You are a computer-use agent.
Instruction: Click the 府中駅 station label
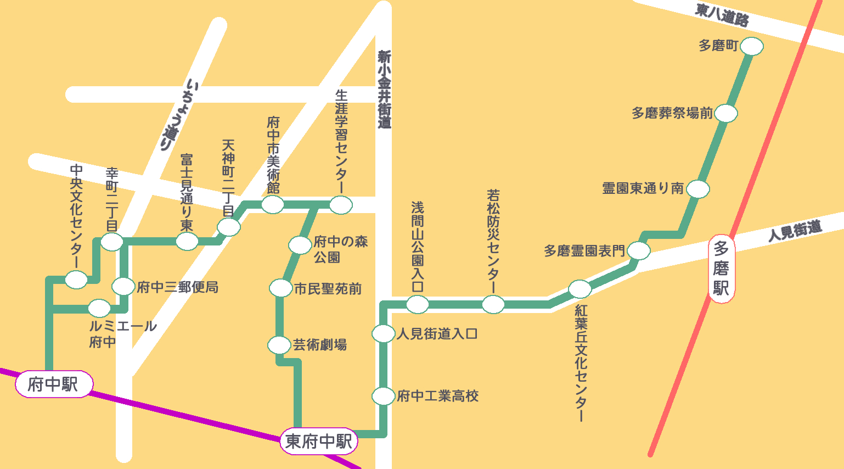[53, 384]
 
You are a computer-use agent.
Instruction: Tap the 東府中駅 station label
[319, 441]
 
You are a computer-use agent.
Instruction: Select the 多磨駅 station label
[721, 269]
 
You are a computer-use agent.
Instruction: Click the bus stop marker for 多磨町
[751, 46]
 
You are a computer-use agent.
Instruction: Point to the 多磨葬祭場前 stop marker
[725, 114]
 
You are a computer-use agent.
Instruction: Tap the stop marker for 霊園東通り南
[697, 189]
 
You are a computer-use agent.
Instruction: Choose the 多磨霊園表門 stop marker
[638, 251]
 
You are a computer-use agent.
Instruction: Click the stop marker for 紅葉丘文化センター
[579, 288]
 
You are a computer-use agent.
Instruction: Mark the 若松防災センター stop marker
[493, 304]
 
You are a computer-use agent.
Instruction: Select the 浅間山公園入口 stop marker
[417, 304]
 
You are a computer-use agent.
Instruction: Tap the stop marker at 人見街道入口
[383, 333]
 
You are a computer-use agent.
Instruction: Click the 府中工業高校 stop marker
[383, 396]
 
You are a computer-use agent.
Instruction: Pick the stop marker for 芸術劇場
[279, 345]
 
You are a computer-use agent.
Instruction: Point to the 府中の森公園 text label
[340, 249]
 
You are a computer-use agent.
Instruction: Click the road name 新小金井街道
[384, 89]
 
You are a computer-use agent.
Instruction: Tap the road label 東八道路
[722, 15]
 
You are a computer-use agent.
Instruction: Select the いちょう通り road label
[179, 115]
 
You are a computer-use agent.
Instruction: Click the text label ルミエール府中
[122, 334]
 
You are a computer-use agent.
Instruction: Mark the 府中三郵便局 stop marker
[123, 286]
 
